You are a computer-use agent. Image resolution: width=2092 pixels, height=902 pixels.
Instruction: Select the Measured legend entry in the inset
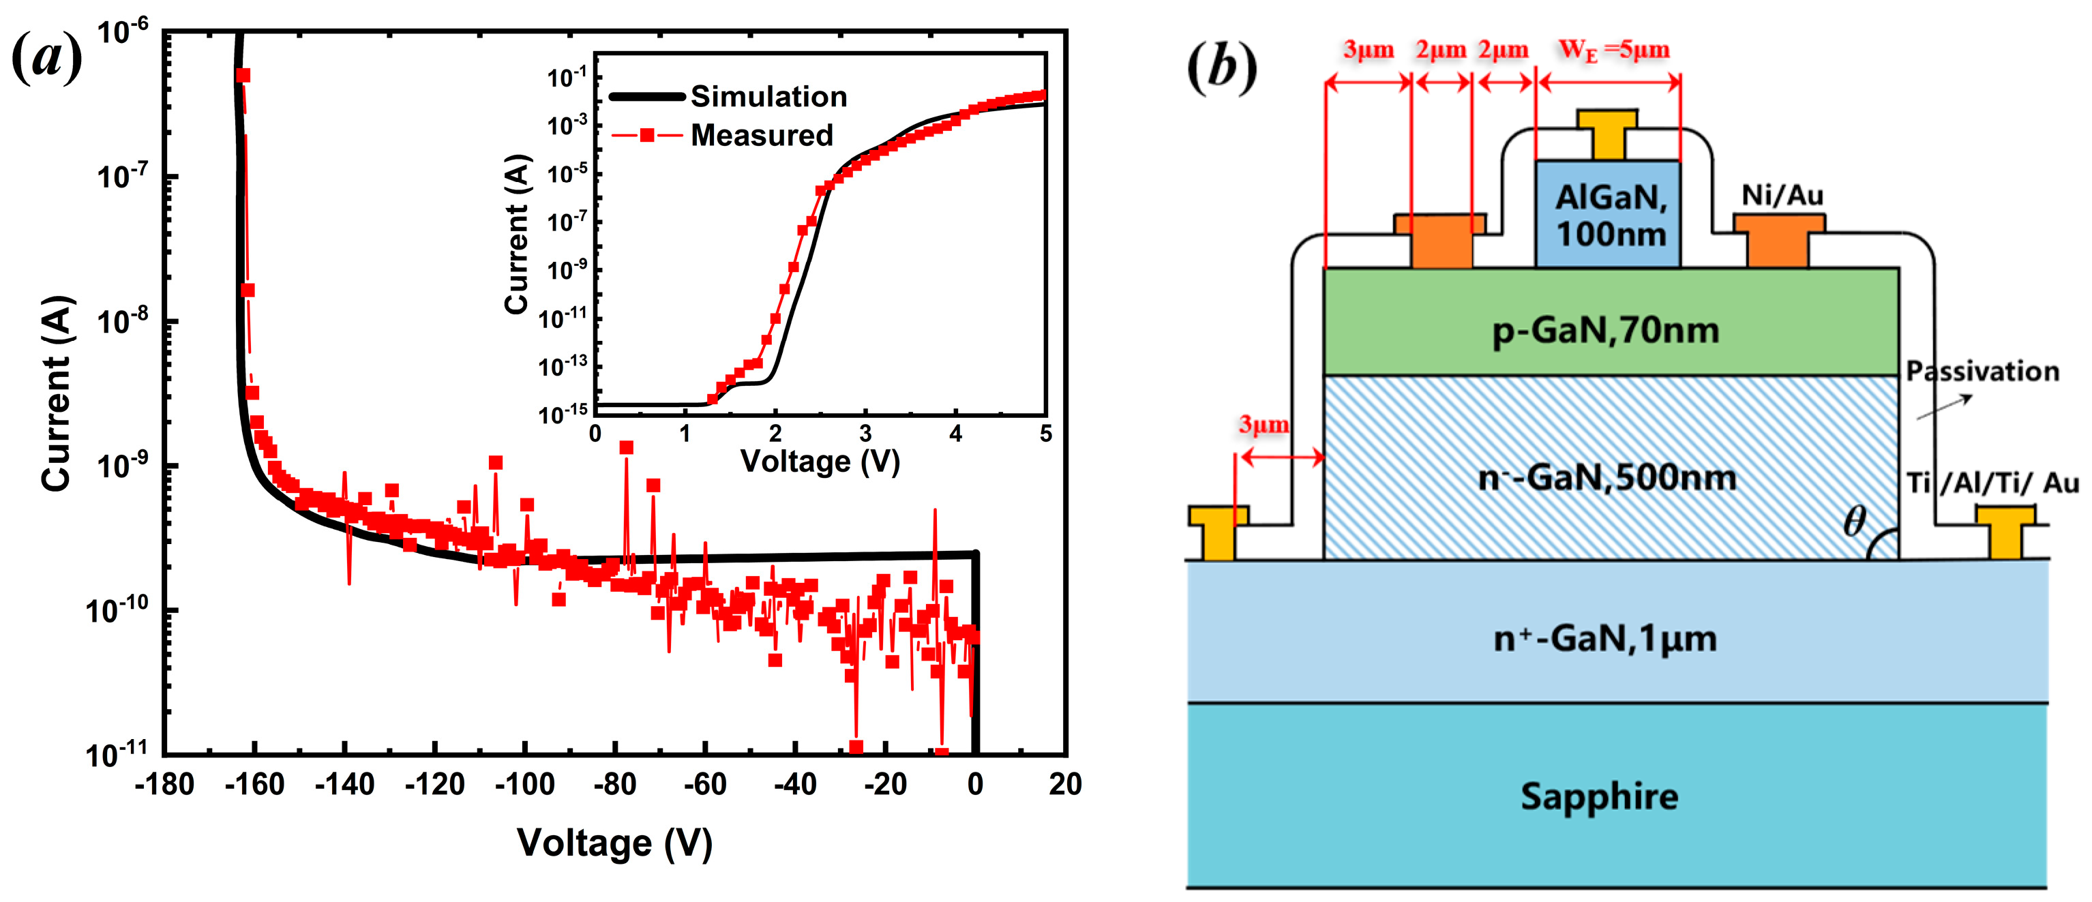(x=761, y=136)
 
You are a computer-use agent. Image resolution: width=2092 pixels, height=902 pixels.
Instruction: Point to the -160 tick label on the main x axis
(x=254, y=784)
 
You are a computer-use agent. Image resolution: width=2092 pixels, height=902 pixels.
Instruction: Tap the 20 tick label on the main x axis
(x=1064, y=784)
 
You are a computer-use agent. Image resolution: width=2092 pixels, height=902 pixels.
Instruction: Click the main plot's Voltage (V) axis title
(x=615, y=843)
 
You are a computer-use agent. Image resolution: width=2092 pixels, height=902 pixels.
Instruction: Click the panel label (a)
(x=47, y=59)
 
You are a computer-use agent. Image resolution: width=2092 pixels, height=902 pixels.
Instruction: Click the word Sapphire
(x=1599, y=796)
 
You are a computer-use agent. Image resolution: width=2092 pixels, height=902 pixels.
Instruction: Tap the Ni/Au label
(x=1782, y=195)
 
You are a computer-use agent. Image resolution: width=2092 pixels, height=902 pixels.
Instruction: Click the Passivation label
(x=1982, y=371)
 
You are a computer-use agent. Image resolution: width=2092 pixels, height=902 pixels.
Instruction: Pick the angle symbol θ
(x=1854, y=522)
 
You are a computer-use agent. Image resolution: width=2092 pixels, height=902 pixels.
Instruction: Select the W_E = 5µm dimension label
(x=1614, y=50)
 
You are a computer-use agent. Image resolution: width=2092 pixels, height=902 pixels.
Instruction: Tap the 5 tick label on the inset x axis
(x=1045, y=434)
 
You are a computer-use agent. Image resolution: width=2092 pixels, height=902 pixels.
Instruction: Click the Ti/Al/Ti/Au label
(x=1992, y=483)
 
